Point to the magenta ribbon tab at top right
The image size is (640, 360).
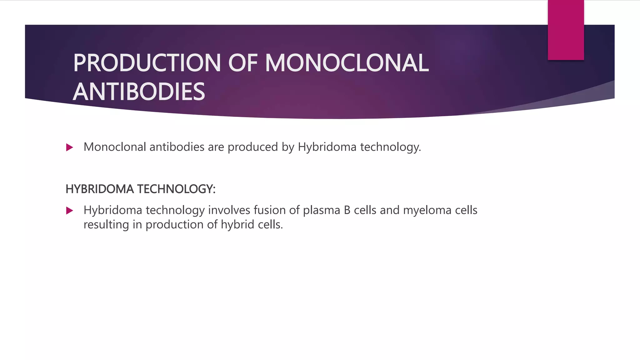566,30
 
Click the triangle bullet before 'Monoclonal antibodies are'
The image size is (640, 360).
69,147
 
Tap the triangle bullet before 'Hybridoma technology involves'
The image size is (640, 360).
69,211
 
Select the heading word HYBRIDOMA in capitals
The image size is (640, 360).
100,189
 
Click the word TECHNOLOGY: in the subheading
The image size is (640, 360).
176,189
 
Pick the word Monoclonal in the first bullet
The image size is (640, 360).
115,147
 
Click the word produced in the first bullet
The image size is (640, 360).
252,147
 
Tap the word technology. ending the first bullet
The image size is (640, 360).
391,147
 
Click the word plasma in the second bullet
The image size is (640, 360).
321,210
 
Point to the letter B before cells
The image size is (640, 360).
347,210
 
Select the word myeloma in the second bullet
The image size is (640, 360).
427,210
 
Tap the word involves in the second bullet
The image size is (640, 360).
229,210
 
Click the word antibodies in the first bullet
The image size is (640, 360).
177,147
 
